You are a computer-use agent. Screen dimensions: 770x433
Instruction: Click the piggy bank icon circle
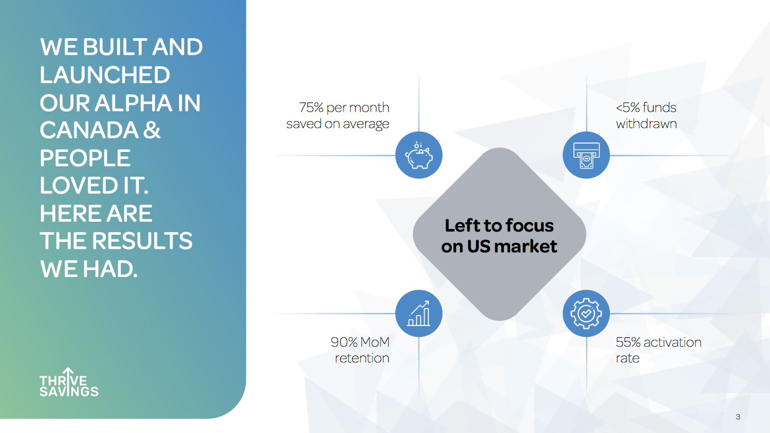click(x=419, y=155)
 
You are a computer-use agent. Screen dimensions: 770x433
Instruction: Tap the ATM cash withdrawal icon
click(x=586, y=155)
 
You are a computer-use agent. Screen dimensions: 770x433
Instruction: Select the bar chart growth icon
click(x=419, y=313)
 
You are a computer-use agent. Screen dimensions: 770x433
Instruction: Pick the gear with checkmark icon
click(x=586, y=313)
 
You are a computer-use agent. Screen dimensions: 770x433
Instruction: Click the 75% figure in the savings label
click(x=311, y=108)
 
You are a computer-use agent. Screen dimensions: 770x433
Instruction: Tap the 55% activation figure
click(x=628, y=342)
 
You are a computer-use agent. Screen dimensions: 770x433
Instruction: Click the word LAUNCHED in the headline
click(x=105, y=75)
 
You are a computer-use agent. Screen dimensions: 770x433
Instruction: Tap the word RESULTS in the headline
click(x=142, y=240)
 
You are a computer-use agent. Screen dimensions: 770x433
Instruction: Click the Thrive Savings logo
click(x=69, y=382)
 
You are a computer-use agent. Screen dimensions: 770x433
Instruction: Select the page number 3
click(x=738, y=417)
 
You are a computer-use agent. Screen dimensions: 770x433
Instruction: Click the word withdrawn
click(x=646, y=124)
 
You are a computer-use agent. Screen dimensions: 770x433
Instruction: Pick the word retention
click(x=362, y=358)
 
